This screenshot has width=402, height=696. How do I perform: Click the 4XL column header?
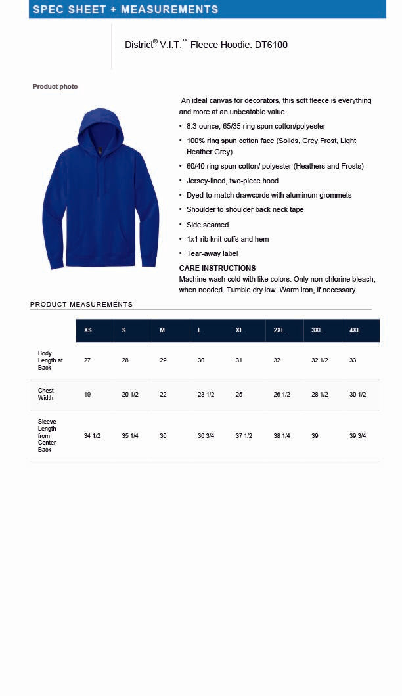click(355, 330)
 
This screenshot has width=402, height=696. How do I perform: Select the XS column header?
click(88, 330)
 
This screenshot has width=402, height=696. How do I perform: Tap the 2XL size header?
click(279, 330)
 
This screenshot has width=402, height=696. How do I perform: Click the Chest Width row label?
click(46, 394)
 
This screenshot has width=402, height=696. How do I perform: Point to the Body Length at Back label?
click(50, 360)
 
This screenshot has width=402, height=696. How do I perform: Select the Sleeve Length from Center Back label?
click(47, 435)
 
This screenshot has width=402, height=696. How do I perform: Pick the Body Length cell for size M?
click(163, 360)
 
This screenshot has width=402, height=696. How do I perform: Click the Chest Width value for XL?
click(239, 395)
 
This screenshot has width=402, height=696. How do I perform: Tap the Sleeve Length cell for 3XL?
click(315, 436)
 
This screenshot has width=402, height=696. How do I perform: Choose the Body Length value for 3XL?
click(319, 360)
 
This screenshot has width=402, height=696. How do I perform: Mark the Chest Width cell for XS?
click(87, 395)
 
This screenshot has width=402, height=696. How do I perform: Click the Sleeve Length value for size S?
click(130, 436)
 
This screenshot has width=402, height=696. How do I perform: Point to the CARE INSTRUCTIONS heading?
click(217, 268)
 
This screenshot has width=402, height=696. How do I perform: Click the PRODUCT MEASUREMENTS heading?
click(81, 305)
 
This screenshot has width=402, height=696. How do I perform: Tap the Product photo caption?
click(55, 87)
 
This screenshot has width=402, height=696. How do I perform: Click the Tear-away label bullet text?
click(212, 253)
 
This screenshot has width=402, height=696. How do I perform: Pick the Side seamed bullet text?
click(208, 225)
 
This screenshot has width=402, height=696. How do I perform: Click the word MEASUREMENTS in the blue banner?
click(169, 9)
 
